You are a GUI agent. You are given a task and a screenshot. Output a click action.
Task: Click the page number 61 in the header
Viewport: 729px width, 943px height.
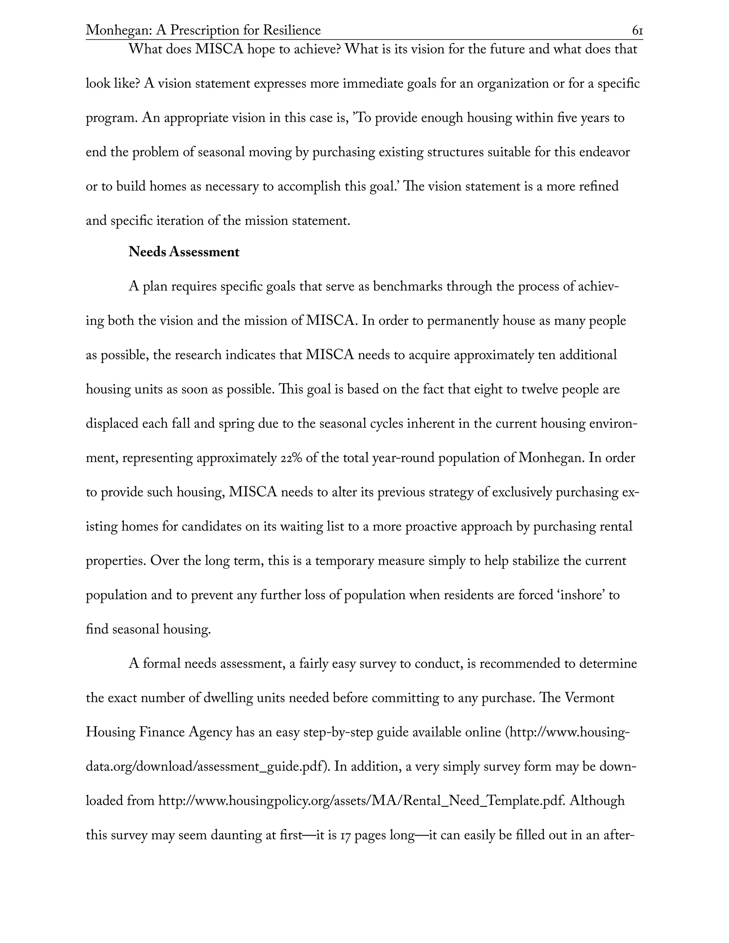click(x=638, y=31)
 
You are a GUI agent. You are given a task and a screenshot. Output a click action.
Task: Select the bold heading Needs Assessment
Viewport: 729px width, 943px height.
click(x=184, y=252)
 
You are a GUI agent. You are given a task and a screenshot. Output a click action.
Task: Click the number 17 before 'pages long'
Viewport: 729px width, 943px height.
click(x=345, y=835)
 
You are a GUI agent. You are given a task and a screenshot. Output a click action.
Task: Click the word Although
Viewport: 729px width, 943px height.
click(x=597, y=801)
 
